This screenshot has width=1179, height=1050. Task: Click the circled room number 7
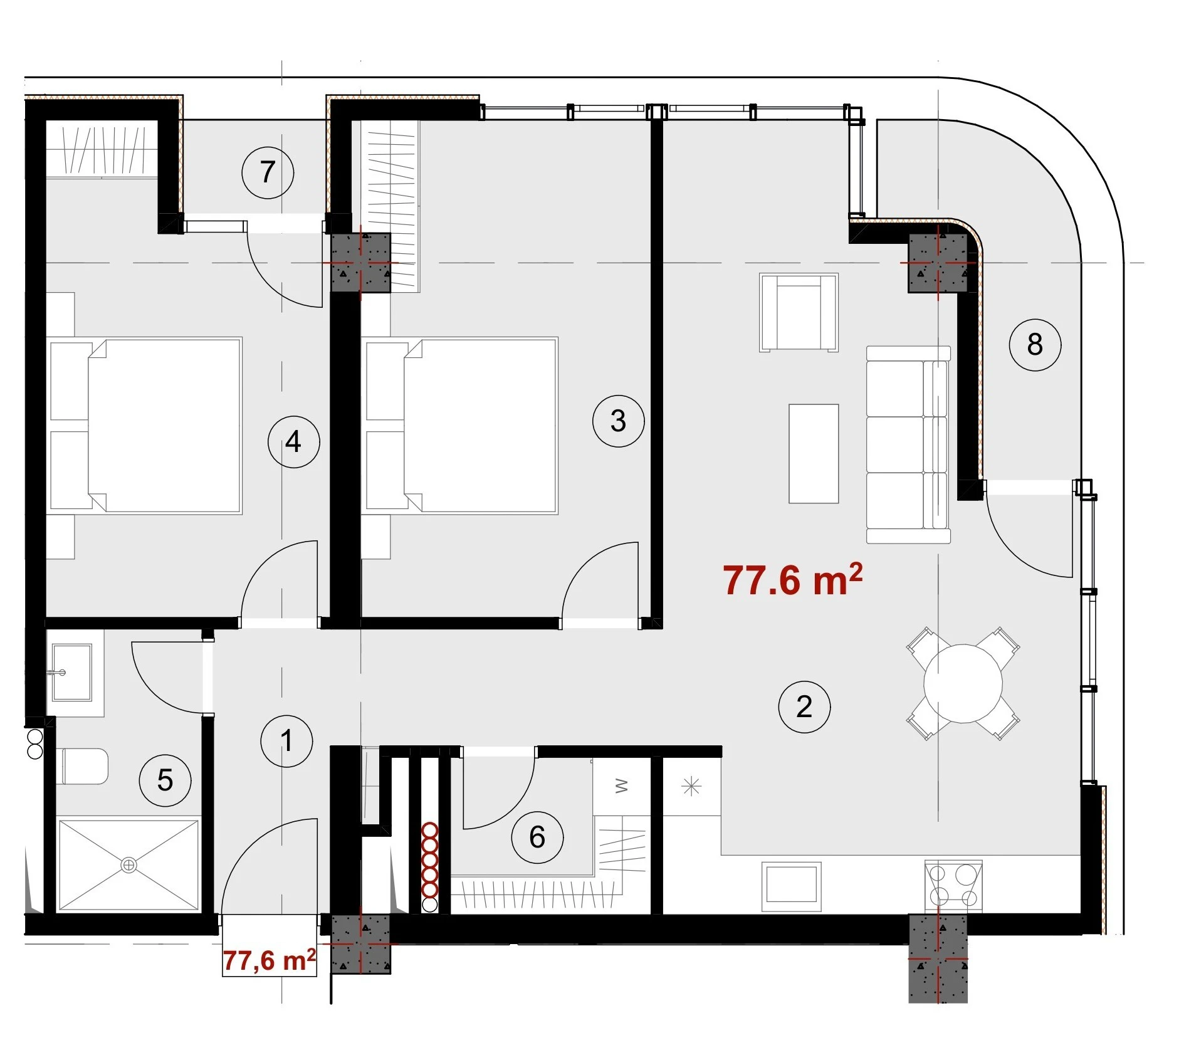(x=268, y=172)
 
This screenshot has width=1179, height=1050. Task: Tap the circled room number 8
(x=1035, y=344)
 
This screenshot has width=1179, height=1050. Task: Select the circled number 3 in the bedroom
(x=618, y=421)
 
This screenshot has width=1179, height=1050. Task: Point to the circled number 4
(x=293, y=442)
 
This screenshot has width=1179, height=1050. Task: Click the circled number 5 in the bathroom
(x=165, y=780)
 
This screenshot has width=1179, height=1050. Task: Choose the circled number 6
(x=537, y=837)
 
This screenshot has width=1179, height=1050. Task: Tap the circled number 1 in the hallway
(x=286, y=741)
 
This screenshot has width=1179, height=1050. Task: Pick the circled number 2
(x=804, y=707)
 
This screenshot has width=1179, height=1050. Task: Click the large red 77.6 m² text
(x=793, y=579)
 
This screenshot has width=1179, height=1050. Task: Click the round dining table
(x=963, y=683)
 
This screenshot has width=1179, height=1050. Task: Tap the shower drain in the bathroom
(x=128, y=865)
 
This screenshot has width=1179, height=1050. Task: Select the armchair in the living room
(x=799, y=312)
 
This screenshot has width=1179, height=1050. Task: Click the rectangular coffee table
(x=814, y=454)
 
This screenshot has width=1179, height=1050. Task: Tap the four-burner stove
(x=953, y=885)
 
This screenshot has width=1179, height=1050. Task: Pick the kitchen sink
(x=791, y=886)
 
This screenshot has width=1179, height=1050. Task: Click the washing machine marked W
(x=621, y=786)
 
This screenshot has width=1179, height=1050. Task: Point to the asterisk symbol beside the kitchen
(x=691, y=786)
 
